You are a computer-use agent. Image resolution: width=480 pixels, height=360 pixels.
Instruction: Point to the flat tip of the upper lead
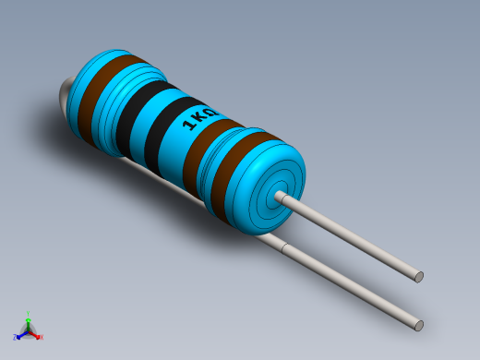tap(419, 276)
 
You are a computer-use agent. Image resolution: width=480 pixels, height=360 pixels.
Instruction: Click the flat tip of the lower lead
tap(419, 325)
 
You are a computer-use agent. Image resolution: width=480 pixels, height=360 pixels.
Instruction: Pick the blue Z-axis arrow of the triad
tap(21, 334)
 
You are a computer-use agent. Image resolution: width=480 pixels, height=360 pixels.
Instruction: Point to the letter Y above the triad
tap(29, 314)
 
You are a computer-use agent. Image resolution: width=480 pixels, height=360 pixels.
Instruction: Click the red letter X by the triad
tap(41, 338)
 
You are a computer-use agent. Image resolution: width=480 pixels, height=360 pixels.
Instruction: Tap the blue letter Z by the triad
tap(17, 338)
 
